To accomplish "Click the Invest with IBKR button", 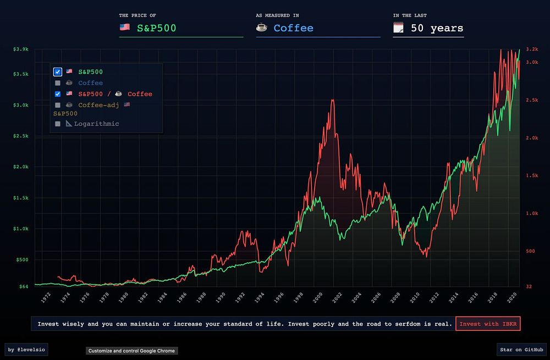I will tap(488, 324).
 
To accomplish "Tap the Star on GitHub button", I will tap(521, 349).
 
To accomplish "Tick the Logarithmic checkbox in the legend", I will tap(58, 124).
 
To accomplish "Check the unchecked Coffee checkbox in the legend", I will tap(58, 83).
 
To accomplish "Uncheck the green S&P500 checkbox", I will tap(58, 72).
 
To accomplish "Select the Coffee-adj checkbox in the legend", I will tap(58, 104).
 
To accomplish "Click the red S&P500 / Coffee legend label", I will tap(115, 94).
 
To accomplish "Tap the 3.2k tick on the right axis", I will tap(531, 49).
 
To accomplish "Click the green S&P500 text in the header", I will tap(156, 28).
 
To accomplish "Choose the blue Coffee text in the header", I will tap(293, 28).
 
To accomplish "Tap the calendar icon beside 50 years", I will tap(399, 27).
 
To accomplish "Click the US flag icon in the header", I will tap(124, 27).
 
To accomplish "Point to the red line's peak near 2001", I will tap(333, 99).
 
